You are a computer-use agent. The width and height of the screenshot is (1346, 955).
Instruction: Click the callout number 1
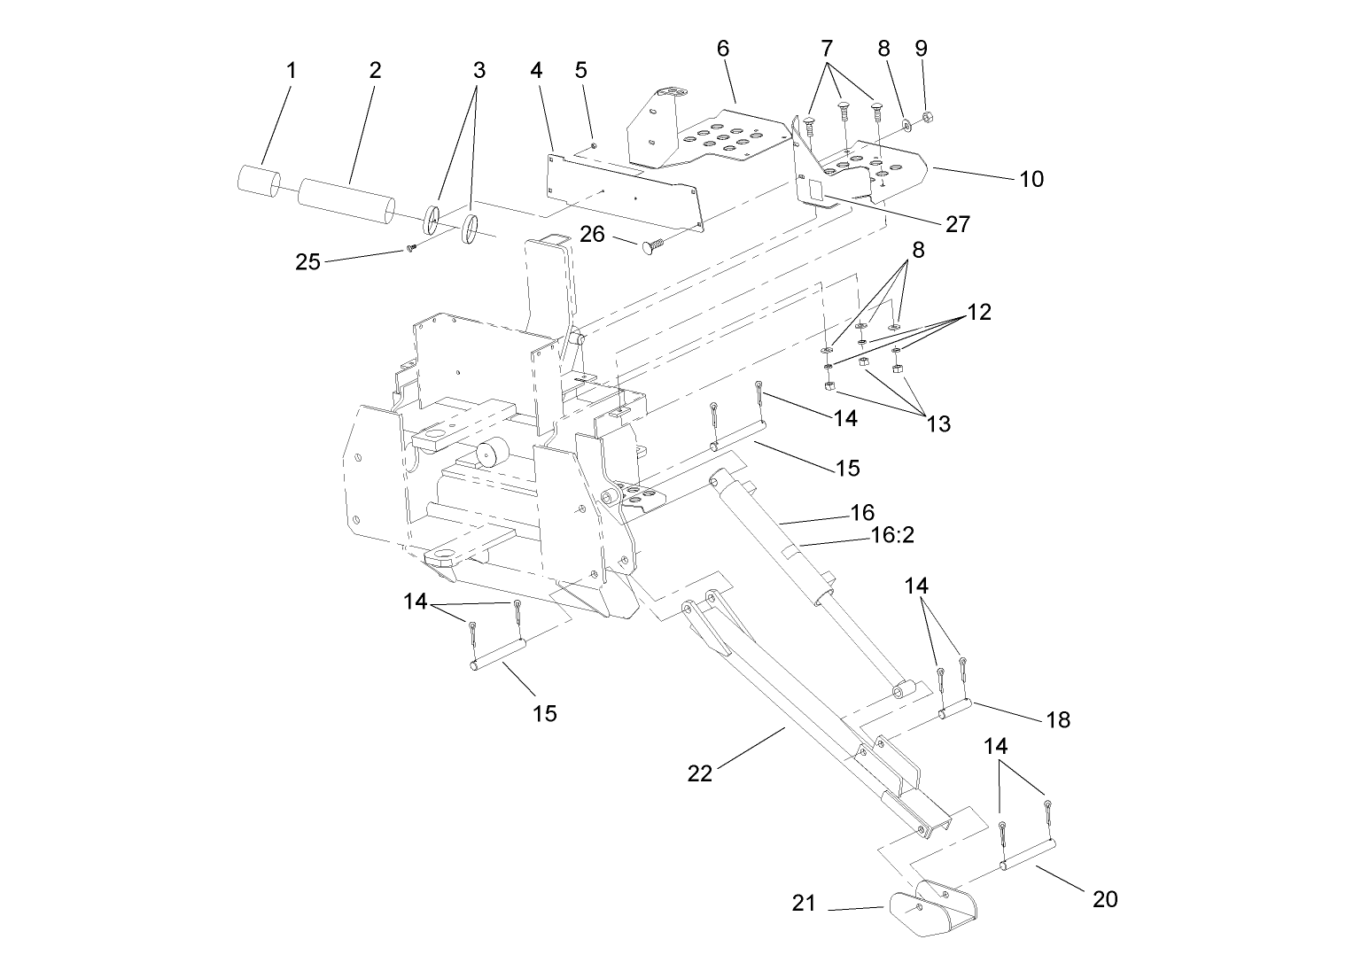click(x=291, y=71)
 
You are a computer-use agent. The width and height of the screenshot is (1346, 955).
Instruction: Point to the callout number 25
click(x=307, y=263)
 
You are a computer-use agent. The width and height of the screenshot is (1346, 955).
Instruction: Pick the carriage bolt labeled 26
click(x=650, y=245)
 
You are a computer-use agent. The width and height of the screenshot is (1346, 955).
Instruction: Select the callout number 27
click(x=958, y=224)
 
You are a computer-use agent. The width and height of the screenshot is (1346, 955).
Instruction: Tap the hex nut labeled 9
click(x=926, y=117)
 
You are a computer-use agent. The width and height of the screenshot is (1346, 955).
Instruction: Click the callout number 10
click(x=1031, y=180)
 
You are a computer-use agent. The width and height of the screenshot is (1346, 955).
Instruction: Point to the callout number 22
click(x=700, y=773)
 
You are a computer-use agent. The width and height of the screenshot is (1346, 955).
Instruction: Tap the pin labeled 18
click(x=956, y=709)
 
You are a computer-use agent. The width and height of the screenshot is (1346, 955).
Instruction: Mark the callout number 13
click(x=938, y=424)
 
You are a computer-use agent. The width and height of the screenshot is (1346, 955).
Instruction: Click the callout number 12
click(x=979, y=313)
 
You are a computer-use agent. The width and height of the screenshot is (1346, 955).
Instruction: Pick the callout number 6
click(x=723, y=49)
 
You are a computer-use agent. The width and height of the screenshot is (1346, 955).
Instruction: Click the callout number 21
click(x=804, y=904)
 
